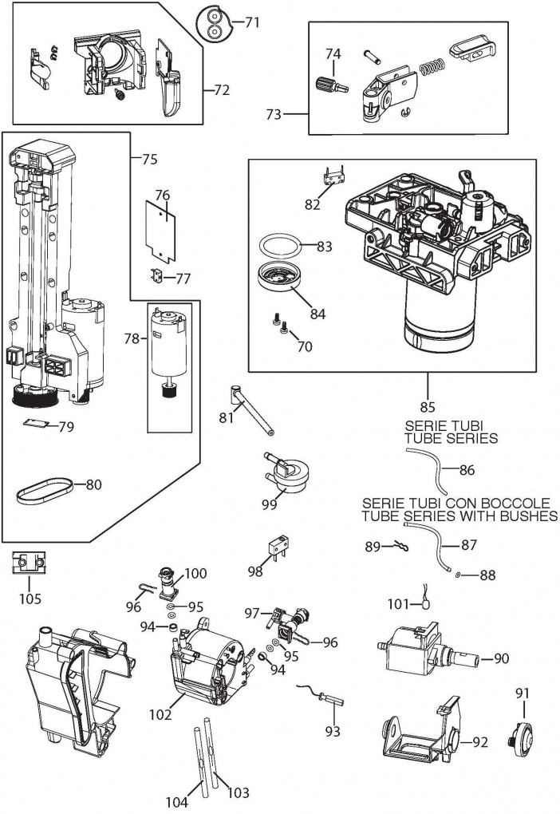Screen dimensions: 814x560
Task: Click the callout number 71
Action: (x=252, y=22)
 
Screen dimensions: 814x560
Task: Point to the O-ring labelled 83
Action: (x=281, y=243)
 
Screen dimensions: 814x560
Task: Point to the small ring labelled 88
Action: (x=455, y=574)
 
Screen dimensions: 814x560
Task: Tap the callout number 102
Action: (x=161, y=715)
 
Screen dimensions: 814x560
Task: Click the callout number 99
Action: (x=270, y=504)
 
